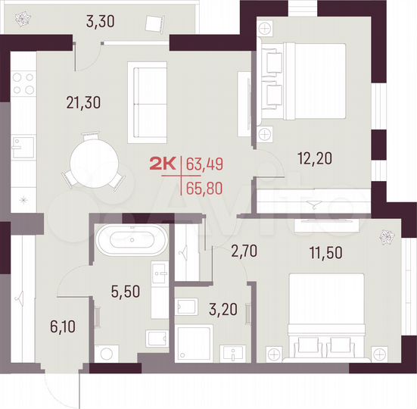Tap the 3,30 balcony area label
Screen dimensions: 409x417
coord(101,21)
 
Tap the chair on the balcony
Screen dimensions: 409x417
coord(156,23)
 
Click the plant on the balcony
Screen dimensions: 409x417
coord(23,17)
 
